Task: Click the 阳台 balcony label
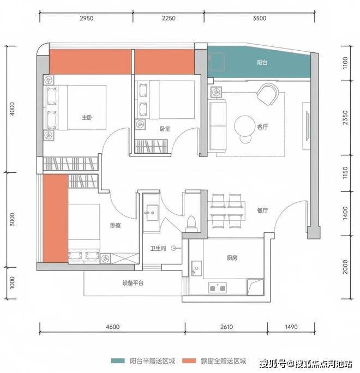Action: (x=262, y=62)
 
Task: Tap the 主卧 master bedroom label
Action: (x=87, y=117)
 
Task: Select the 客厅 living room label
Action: (x=262, y=127)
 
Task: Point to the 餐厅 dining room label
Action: (x=262, y=210)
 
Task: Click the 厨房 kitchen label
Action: (x=232, y=258)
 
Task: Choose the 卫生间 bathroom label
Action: (x=158, y=249)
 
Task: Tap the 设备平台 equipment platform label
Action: (x=133, y=283)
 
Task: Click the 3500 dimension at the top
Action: (x=259, y=18)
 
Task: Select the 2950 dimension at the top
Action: (x=86, y=18)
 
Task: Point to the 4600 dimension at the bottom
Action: (x=113, y=327)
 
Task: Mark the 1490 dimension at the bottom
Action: (x=291, y=327)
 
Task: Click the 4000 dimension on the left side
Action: (x=12, y=109)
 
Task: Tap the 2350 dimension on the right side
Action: (x=345, y=117)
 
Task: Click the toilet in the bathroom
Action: (x=191, y=224)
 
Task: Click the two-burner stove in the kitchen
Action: (x=218, y=287)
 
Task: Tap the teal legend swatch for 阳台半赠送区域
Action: (x=118, y=361)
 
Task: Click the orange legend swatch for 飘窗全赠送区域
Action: (x=189, y=361)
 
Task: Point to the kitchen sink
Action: (x=196, y=268)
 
